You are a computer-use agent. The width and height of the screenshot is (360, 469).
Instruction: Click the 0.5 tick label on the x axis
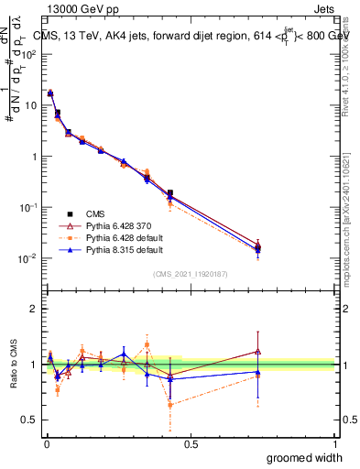coord(190,443)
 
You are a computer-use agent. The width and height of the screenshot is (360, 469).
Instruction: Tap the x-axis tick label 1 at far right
coord(334,443)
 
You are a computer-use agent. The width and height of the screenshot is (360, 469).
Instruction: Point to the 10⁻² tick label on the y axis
coord(27,258)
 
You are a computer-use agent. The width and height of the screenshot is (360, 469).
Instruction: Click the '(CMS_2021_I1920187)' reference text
coord(190,274)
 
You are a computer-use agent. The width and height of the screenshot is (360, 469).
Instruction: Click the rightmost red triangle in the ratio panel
coord(257,351)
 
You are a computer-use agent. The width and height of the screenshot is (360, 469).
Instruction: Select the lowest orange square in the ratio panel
coord(170,404)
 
